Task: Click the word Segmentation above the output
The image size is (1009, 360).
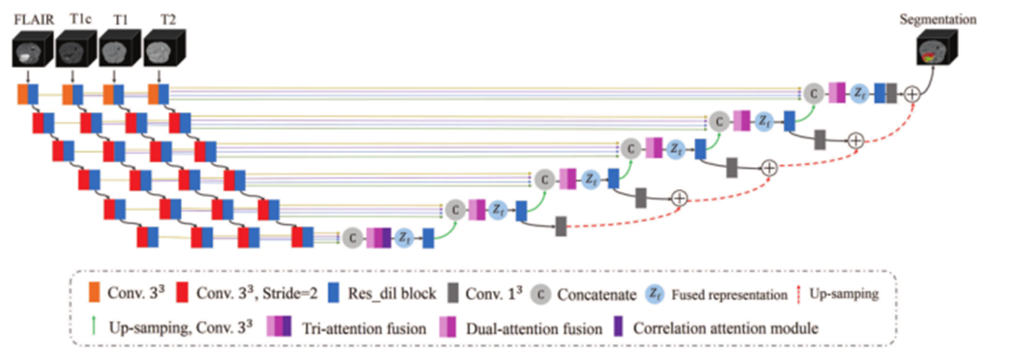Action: pyautogui.click(x=941, y=17)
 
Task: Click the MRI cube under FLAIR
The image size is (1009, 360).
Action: pyautogui.click(x=32, y=48)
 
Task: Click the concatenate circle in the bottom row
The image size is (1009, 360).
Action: pyautogui.click(x=352, y=237)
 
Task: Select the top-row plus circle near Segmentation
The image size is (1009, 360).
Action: pyautogui.click(x=912, y=93)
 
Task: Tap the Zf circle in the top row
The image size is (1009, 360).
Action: pyautogui.click(x=859, y=93)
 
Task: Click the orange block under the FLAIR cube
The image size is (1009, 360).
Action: pyautogui.click(x=20, y=93)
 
